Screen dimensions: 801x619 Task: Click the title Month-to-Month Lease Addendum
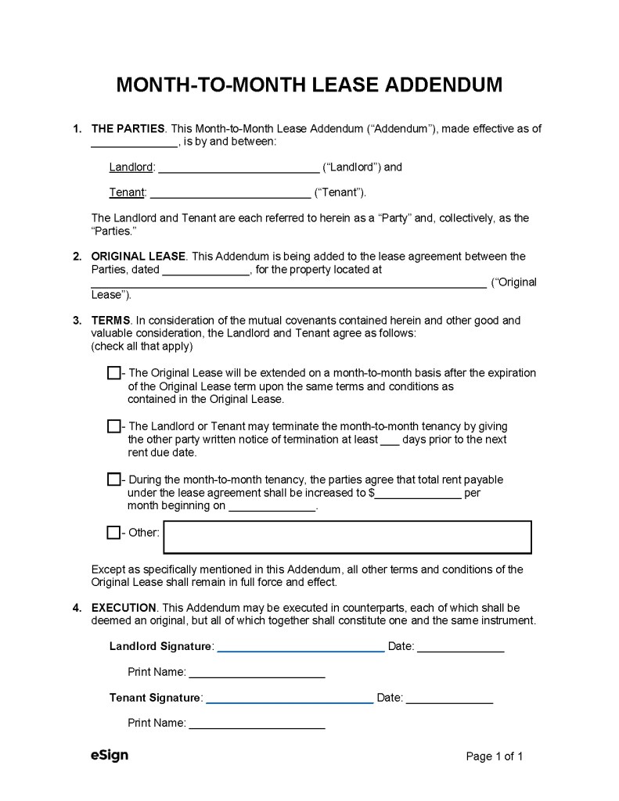[x=309, y=84]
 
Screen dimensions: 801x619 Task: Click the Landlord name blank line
[x=239, y=168]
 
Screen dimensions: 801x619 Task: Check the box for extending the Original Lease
[x=113, y=373]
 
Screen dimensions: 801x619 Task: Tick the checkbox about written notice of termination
[x=113, y=426]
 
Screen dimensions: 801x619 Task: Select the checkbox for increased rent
[x=113, y=480]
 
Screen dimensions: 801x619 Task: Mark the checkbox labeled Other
[x=113, y=533]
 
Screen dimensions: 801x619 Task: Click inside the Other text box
[x=347, y=537]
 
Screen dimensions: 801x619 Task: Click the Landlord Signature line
[x=301, y=648]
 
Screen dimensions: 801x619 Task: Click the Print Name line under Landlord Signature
[x=257, y=673]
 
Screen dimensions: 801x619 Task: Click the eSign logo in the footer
[x=109, y=756]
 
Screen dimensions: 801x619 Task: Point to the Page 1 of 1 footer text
[x=494, y=756]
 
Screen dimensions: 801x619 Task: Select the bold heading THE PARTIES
[x=128, y=129]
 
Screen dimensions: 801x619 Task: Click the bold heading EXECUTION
[x=124, y=608]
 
